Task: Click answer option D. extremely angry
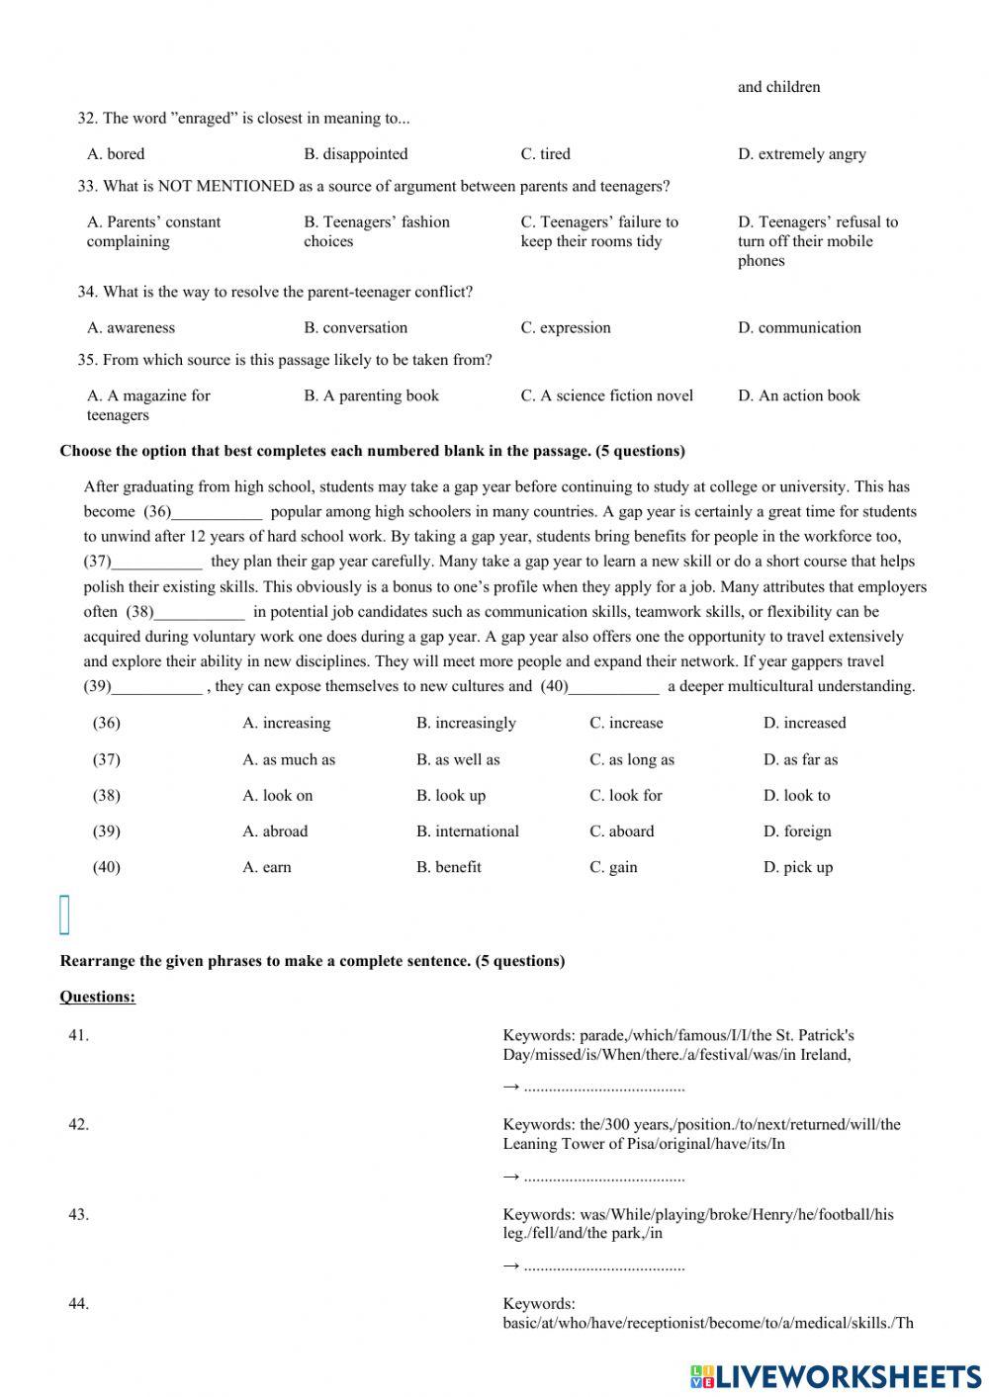coord(801,154)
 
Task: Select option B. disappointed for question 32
coord(355,154)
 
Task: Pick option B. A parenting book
coord(371,395)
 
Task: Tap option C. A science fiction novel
coord(606,395)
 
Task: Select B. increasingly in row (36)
coord(466,723)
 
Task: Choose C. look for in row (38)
coord(625,795)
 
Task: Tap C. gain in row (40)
coord(613,867)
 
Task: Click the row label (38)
coord(107,795)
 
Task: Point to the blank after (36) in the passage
coord(218,512)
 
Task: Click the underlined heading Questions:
coord(98,997)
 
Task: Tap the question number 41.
coord(78,1035)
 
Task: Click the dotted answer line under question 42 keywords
coord(603,1177)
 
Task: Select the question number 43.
coord(78,1214)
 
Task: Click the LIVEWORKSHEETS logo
coord(836,1376)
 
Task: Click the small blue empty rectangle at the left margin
coord(65,915)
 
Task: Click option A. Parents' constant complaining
coord(153,231)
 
